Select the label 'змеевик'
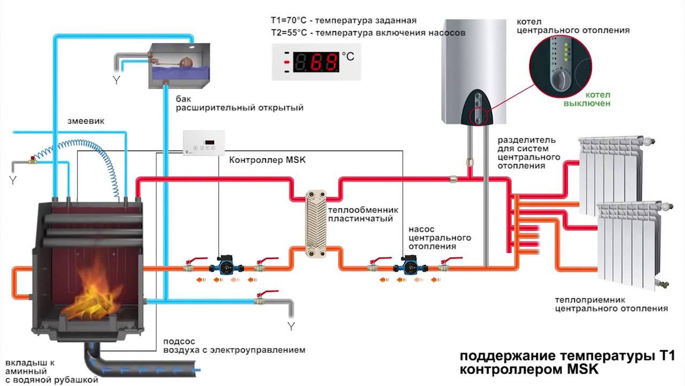86,121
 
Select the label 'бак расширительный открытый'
239,103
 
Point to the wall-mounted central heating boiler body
474,64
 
